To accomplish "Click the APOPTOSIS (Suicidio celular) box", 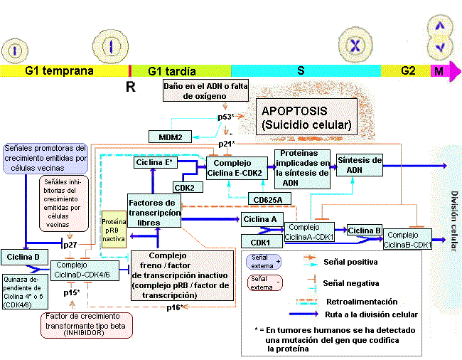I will [306, 118].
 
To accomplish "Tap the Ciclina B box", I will [365, 231].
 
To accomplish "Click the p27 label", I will [70, 244].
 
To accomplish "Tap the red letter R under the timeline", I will [130, 87].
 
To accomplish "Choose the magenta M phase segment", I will [439, 70].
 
